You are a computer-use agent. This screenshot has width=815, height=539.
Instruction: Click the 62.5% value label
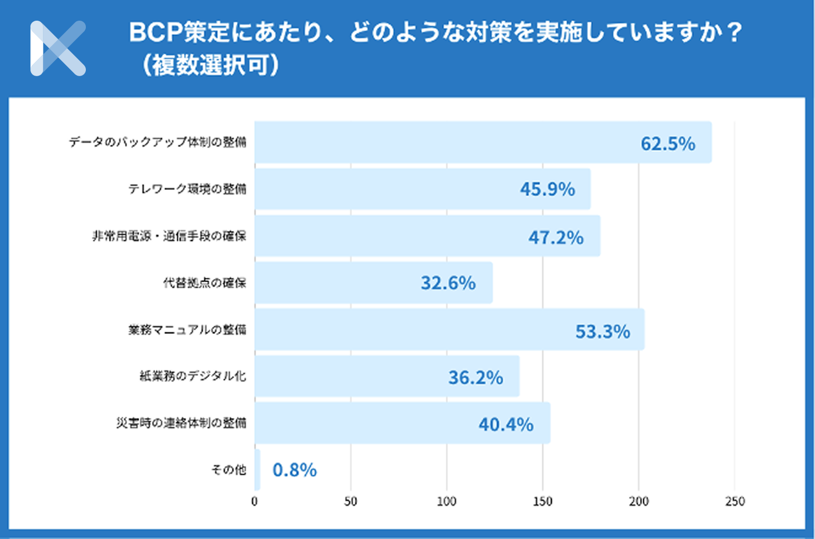point(668,144)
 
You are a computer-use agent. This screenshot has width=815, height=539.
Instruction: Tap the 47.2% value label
point(556,237)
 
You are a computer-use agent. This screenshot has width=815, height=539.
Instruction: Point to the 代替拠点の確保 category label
point(204,283)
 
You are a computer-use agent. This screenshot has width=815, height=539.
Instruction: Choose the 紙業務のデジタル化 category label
point(193,376)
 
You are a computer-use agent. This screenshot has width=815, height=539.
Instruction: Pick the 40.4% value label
point(506,424)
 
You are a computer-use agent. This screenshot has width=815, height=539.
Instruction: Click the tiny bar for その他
point(258,470)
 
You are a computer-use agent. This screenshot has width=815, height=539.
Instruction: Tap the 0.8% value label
point(294,470)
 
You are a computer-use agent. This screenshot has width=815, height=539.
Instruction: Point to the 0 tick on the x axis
point(254,501)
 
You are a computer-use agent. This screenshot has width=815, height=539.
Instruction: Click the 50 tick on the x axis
point(350,501)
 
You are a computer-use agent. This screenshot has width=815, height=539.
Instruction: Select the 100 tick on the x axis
point(447,501)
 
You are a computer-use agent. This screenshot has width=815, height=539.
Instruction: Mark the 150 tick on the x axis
point(542,501)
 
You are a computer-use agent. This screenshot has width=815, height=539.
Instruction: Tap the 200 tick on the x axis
point(638,501)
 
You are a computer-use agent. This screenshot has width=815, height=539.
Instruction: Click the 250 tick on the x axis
point(735,501)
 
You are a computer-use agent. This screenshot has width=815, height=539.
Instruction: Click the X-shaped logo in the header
point(58,48)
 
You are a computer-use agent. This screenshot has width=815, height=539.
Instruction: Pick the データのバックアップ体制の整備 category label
point(158,142)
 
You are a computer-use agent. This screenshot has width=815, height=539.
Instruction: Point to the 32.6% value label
point(448,283)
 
